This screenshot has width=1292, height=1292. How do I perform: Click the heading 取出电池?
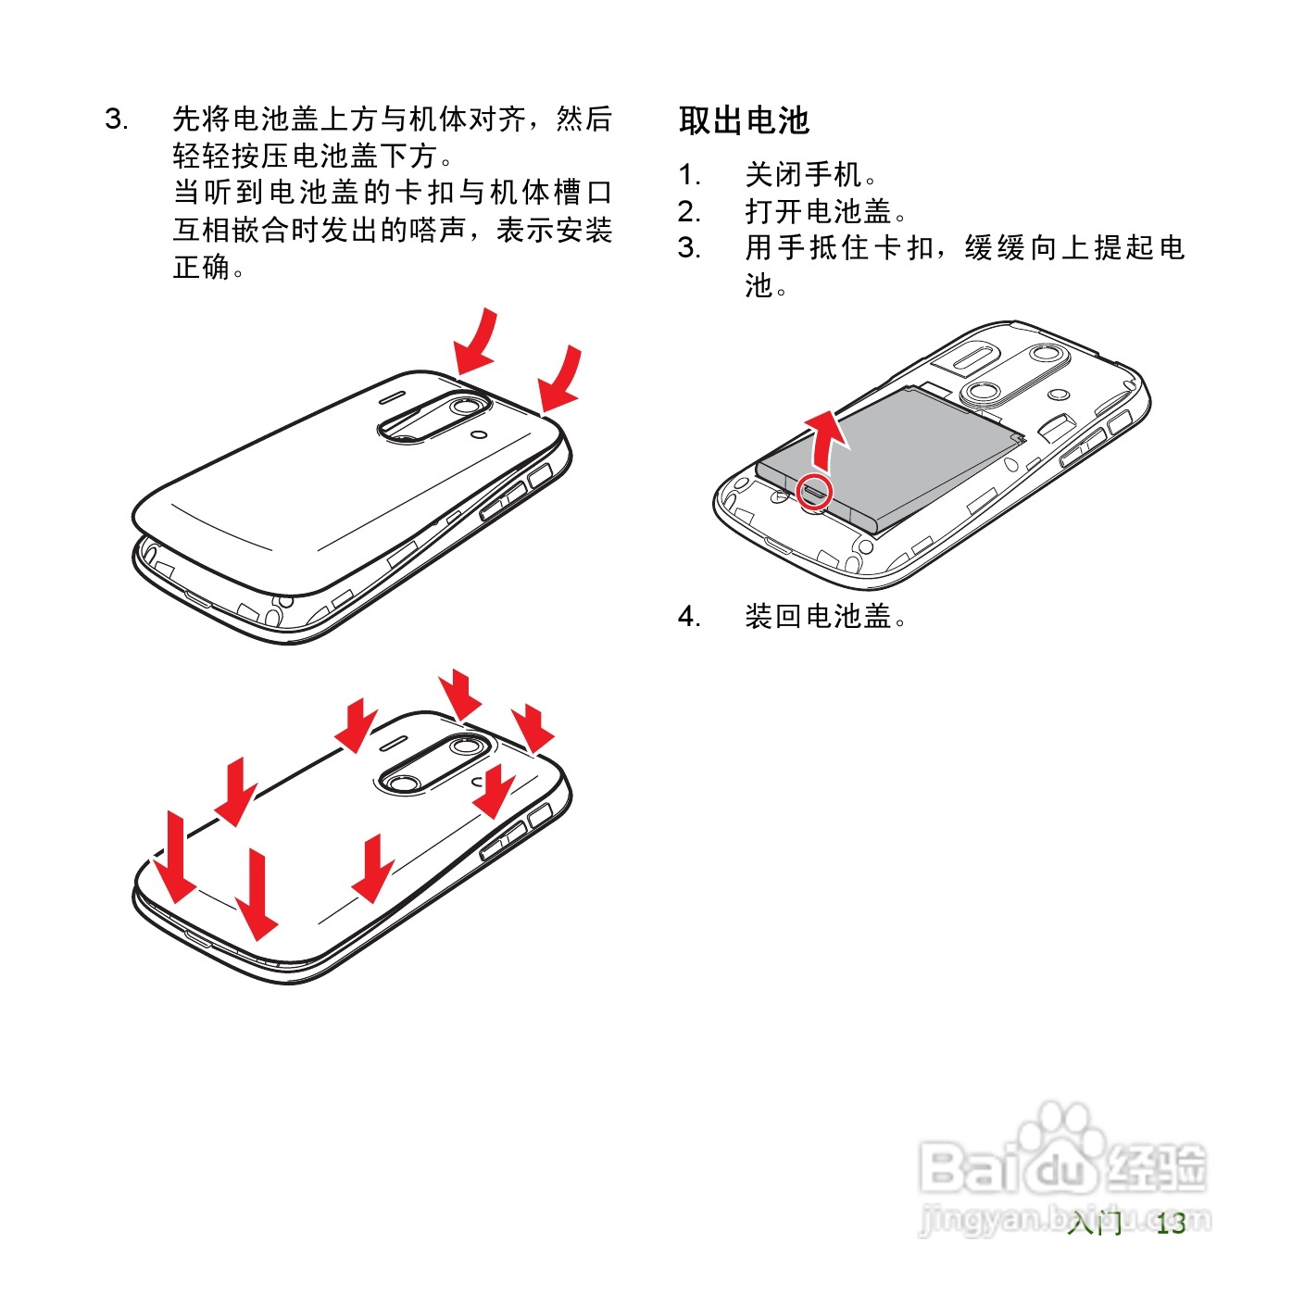point(744,120)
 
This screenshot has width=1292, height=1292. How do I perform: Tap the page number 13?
point(1171,1223)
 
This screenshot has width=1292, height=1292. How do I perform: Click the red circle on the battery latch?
point(815,492)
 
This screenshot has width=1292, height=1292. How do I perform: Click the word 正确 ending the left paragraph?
point(202,268)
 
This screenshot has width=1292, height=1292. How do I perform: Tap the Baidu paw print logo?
point(1061,1144)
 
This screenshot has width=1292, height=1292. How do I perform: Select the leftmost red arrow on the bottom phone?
point(173,857)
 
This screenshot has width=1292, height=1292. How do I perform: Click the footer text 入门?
point(1094,1223)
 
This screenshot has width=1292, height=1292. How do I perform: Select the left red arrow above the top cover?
point(477,343)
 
